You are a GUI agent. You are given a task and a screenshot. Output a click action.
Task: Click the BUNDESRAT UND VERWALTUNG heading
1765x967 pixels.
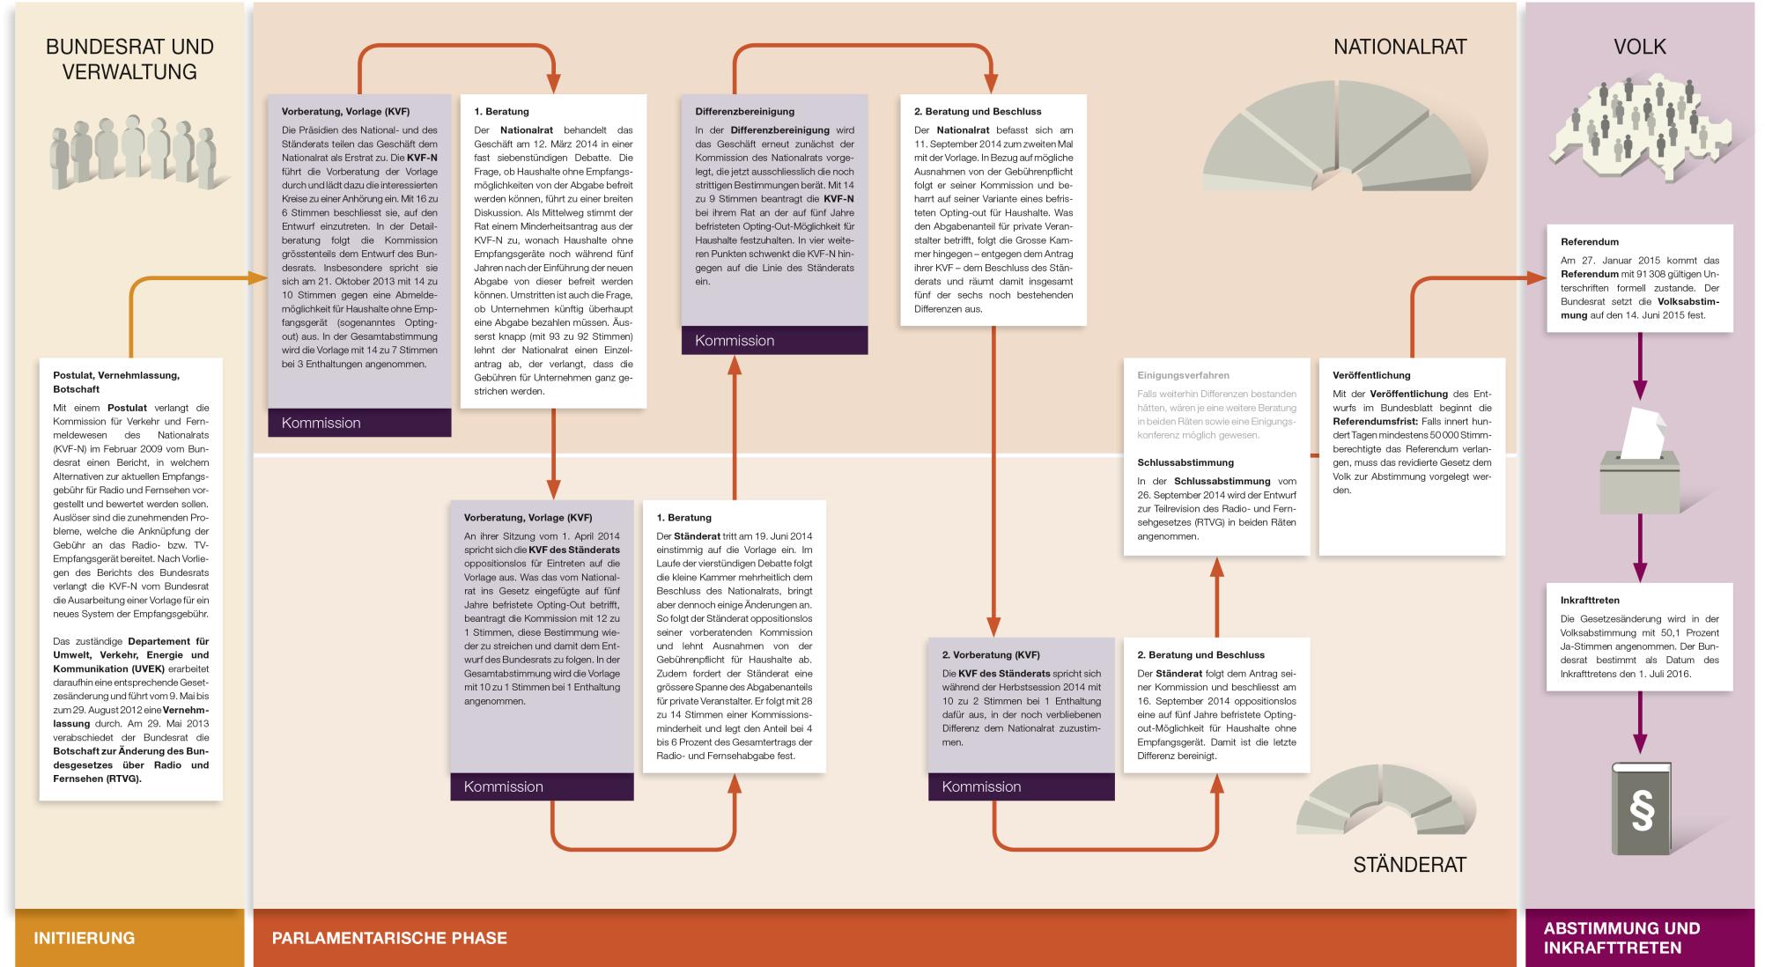click(129, 59)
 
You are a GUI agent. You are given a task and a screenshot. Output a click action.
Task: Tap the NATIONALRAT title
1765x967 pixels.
click(1399, 48)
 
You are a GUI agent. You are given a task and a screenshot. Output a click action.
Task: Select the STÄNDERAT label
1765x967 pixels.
click(1409, 865)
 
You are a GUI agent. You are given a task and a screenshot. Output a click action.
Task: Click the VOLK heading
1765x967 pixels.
click(1639, 48)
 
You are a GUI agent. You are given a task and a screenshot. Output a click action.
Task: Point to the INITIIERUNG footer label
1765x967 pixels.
click(85, 938)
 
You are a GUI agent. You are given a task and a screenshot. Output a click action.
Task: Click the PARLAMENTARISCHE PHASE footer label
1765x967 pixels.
click(389, 938)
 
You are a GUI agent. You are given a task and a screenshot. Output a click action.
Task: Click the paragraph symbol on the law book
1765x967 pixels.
click(1642, 812)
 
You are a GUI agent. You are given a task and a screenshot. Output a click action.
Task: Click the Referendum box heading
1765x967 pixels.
click(1590, 241)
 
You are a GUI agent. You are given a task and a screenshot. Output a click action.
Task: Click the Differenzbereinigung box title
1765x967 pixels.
click(744, 112)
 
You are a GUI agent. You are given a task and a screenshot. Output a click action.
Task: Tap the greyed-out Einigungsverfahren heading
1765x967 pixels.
click(1183, 375)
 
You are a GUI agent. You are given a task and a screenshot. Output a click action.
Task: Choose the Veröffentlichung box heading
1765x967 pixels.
click(1371, 375)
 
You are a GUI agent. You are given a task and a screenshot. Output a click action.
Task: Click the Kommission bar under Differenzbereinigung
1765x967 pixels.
click(774, 341)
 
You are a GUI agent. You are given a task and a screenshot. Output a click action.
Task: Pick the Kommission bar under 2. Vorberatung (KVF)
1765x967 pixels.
click(1021, 786)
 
